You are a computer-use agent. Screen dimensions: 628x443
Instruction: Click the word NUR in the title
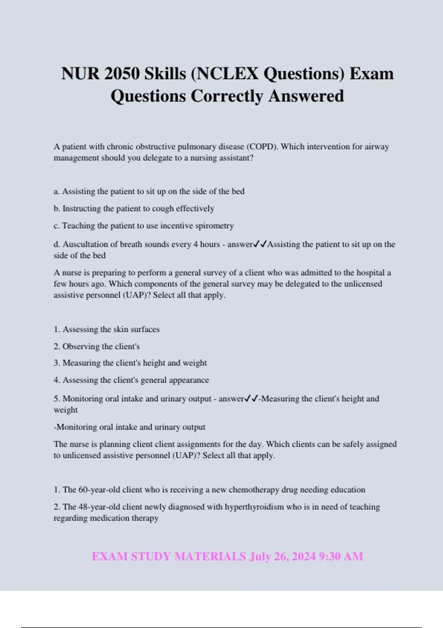pos(80,74)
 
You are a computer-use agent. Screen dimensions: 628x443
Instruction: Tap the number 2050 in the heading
pos(122,74)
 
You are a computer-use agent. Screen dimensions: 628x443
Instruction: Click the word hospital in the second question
pos(364,273)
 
